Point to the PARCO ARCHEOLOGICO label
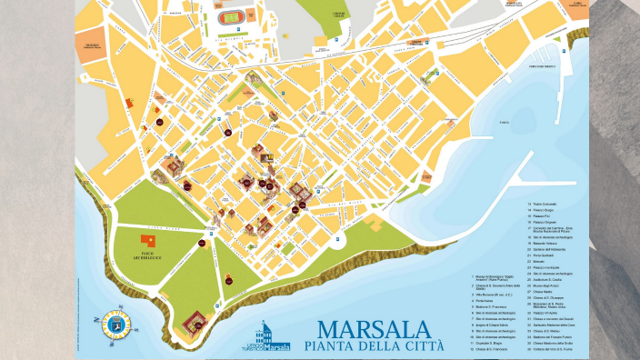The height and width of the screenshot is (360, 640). [151, 254]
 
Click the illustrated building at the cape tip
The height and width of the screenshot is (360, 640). [194, 320]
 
